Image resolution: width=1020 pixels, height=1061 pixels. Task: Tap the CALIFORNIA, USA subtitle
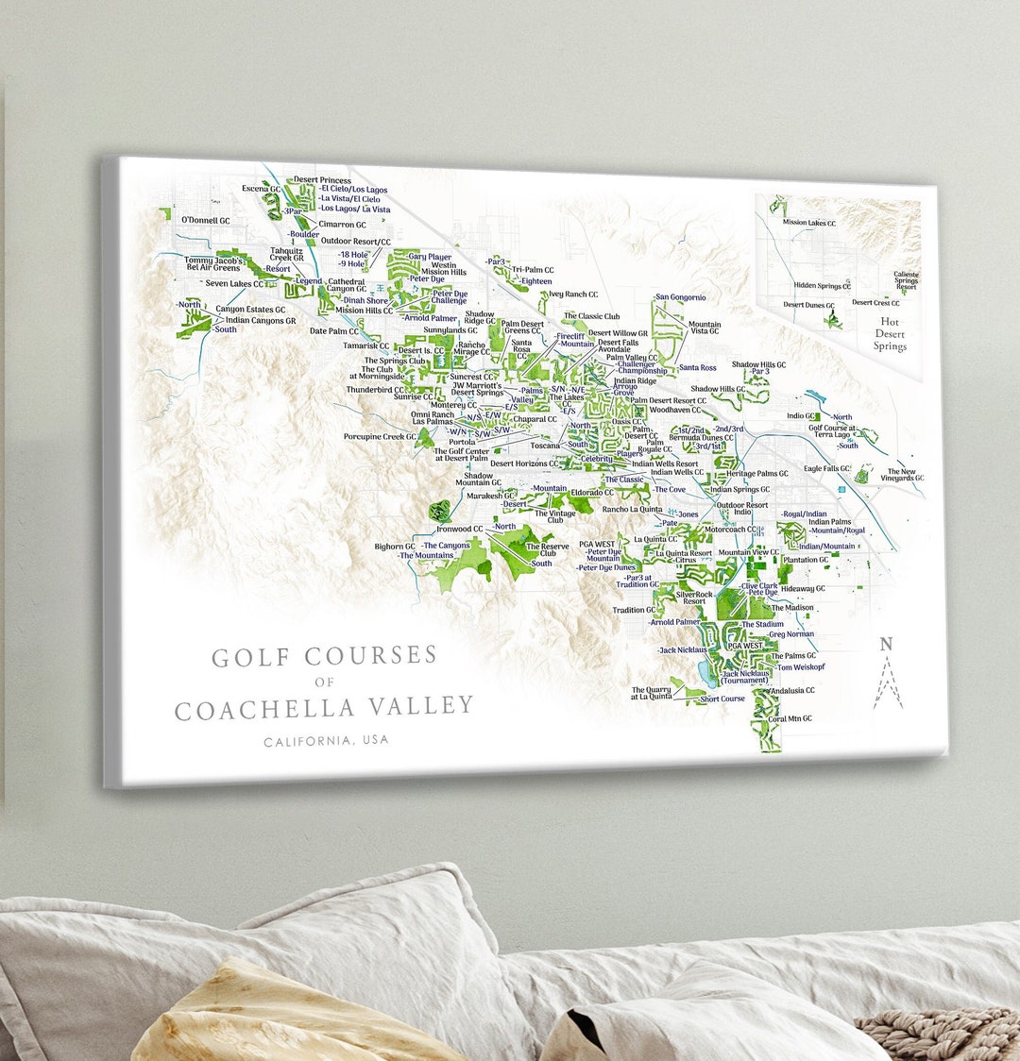tap(326, 741)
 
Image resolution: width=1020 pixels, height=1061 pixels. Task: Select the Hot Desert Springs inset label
tap(889, 334)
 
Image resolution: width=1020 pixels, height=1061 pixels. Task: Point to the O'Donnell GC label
tap(205, 221)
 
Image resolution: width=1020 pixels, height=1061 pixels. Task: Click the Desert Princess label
tap(322, 180)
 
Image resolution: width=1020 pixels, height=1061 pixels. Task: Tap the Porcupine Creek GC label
tap(380, 437)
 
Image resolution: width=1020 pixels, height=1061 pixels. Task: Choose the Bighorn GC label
tap(394, 547)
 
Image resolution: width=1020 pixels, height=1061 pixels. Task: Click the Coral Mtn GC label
tap(790, 718)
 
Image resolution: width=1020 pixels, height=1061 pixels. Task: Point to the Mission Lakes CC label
tap(809, 223)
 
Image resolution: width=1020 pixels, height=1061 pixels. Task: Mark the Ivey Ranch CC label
tap(573, 295)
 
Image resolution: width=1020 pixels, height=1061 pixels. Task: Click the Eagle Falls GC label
tap(826, 468)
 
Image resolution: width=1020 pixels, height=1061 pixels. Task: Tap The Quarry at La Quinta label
tap(652, 694)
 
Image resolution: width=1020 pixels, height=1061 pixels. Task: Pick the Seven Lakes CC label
tap(234, 283)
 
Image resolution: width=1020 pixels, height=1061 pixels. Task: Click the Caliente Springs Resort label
tap(906, 280)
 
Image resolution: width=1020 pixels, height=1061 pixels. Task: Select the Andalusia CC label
tap(792, 690)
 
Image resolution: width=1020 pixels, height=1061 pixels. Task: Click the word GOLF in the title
tap(249, 658)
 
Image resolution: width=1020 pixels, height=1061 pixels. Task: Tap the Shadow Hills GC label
tap(717, 389)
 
